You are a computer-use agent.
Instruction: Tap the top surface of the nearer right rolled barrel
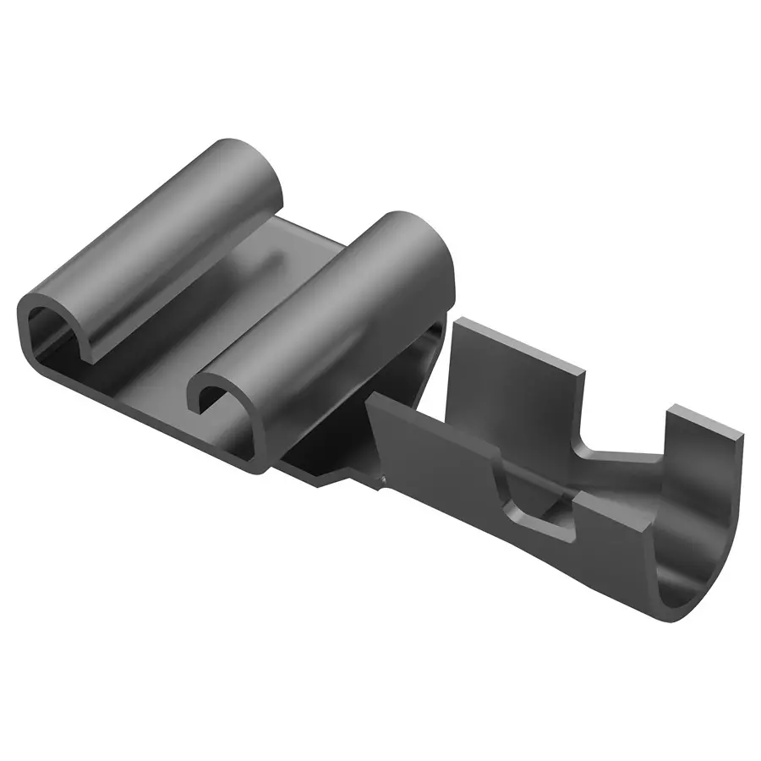(x=338, y=296)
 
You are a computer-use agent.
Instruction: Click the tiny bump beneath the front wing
(x=382, y=483)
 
